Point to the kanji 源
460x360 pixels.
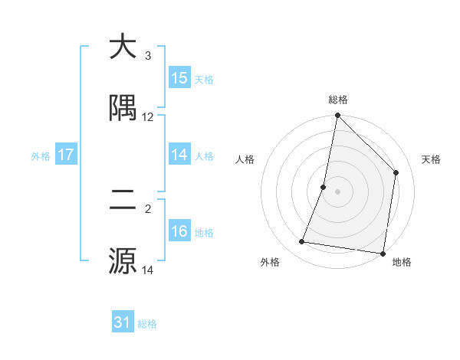pos(123,261)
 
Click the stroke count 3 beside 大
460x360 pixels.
pos(147,56)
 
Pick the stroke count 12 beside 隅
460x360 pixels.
pos(148,117)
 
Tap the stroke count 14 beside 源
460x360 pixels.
pos(148,270)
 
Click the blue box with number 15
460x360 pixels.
pos(179,78)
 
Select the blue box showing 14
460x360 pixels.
pos(179,155)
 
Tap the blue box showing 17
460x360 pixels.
pos(66,155)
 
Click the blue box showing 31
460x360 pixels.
pos(123,322)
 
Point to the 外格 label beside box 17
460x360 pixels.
pos(41,156)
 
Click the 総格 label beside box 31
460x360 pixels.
pos(147,324)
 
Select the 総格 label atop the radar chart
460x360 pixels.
pos(338,100)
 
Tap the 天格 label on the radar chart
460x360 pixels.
pos(432,159)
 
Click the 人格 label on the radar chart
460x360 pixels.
pos(245,159)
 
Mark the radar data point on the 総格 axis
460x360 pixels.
pos(338,116)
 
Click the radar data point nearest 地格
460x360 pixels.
pos(383,253)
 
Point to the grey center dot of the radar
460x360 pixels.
pos(338,191)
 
